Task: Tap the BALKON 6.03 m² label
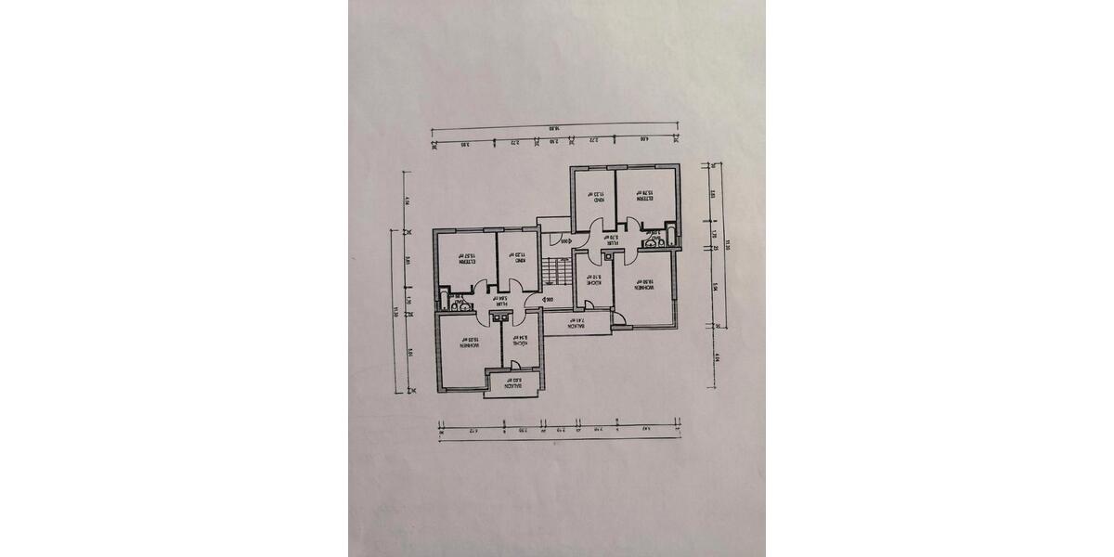(x=513, y=382)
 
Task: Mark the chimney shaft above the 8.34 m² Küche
(x=502, y=317)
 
